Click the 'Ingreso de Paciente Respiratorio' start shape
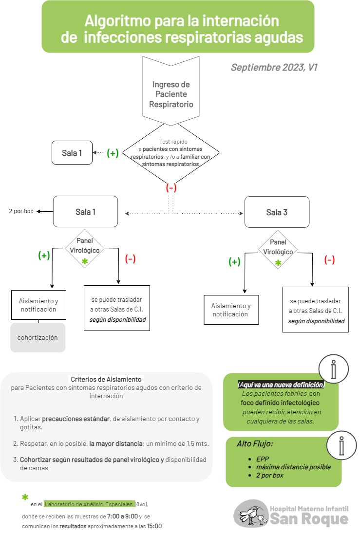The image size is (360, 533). pos(171,91)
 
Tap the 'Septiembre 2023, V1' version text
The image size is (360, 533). pos(274,67)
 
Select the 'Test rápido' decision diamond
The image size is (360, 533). pos(171,153)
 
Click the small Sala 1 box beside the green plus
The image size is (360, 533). pos(72,153)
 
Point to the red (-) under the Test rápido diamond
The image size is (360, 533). pos(171,187)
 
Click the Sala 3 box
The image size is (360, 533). pos(277,212)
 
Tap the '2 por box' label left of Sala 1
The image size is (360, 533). pos(21,211)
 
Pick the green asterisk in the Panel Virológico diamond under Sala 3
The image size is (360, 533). pos(278,263)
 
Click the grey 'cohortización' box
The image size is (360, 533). pos(38,337)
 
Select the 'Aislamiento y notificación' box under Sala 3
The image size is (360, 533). pos(231,310)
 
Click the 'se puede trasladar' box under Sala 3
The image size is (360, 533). pos(315,309)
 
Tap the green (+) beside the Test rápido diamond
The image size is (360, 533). pos(113,153)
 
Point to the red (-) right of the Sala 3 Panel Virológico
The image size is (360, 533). pos(329,260)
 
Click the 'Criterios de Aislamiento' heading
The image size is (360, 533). pos(106,379)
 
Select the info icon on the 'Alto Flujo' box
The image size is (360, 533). pos(341,445)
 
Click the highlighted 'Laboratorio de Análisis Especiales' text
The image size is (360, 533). pos(89,504)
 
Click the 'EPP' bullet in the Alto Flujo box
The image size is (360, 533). pos(263,459)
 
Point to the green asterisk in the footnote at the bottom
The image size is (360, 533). pos(25,497)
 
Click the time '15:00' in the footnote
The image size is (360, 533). pos(154,526)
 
